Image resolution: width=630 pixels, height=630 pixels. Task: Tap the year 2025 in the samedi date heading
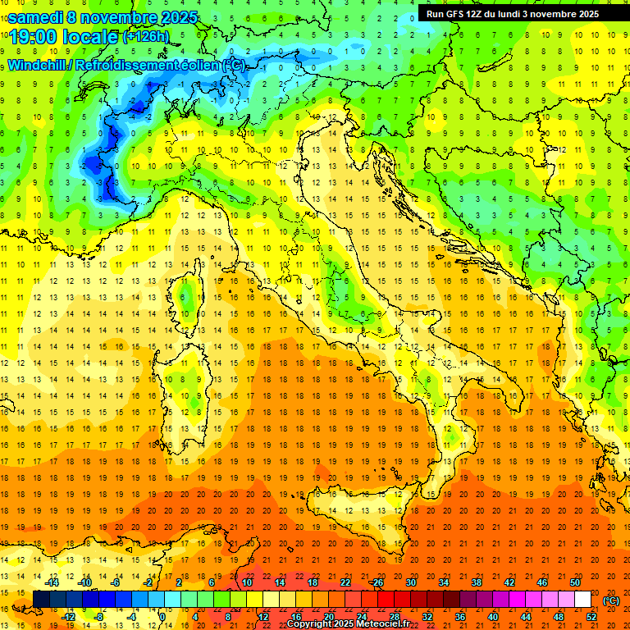[182, 16]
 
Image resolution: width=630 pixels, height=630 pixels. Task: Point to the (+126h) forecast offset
[145, 37]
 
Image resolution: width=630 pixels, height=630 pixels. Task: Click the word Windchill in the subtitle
[38, 65]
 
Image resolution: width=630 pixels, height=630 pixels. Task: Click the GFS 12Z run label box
[513, 14]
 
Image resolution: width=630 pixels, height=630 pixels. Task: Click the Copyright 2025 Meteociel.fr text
[348, 624]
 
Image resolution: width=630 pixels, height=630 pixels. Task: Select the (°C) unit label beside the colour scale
[611, 600]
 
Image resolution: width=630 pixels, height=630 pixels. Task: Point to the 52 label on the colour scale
[591, 617]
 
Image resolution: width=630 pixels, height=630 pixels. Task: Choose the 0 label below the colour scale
[162, 617]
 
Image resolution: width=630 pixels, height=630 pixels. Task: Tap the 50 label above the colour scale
[574, 582]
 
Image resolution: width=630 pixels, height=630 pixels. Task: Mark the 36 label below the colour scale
[459, 617]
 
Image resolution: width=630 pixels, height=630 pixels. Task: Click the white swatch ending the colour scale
[582, 600]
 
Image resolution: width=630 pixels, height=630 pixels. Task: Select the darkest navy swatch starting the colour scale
[40, 600]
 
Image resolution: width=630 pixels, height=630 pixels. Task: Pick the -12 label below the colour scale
[69, 617]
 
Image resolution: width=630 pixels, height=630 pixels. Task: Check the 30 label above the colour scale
[410, 582]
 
